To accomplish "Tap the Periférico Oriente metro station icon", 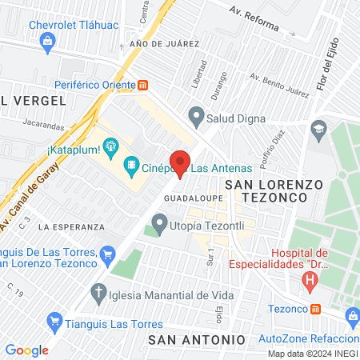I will (x=143, y=84).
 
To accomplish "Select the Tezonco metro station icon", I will (x=316, y=309).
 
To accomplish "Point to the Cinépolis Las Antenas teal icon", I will (x=130, y=167).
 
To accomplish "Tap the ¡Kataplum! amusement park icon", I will (x=110, y=147).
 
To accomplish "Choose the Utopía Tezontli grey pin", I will (x=160, y=221).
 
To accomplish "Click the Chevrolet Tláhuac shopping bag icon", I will (x=48, y=41).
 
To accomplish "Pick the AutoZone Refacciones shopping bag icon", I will (x=353, y=318).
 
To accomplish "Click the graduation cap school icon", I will (x=318, y=128).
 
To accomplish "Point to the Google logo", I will (x=26, y=350).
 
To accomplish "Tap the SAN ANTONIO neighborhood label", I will (x=197, y=340).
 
